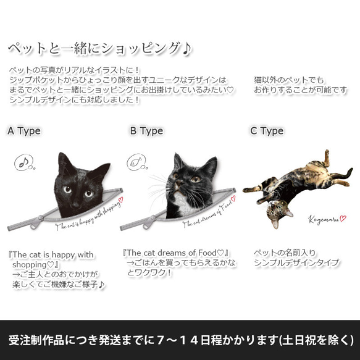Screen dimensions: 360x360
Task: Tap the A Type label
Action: pos(24,131)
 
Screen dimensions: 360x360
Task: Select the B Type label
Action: pos(146,131)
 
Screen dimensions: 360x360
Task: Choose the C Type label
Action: pos(267,131)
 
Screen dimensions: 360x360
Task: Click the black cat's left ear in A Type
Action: pos(64,162)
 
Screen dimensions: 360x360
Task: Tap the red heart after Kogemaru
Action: pos(343,218)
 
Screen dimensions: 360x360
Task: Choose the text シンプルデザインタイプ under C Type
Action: pos(297,263)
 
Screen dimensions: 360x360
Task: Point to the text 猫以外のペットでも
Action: pos(288,80)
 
